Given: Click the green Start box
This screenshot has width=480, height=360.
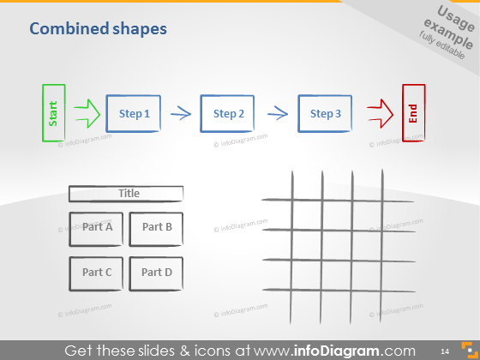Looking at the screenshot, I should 53,112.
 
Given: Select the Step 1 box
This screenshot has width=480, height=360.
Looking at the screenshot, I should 133,113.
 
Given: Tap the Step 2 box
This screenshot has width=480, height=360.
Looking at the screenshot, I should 228,113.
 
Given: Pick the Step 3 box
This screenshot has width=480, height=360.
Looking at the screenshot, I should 325,113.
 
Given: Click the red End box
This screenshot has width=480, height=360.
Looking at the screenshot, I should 414,113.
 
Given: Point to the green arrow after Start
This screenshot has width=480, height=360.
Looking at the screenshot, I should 87,112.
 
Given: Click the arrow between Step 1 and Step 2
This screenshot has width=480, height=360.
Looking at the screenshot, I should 179,112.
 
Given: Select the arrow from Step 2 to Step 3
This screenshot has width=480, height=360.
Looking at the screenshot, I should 276,112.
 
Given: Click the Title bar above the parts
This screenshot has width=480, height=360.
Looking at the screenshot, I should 126,194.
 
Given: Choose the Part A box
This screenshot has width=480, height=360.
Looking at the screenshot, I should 97,228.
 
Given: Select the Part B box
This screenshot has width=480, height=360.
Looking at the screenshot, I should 156,228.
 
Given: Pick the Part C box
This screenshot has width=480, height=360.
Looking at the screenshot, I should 97,273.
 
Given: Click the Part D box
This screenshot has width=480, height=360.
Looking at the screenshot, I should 156,273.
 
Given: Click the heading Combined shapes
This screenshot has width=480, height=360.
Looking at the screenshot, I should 98,29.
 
